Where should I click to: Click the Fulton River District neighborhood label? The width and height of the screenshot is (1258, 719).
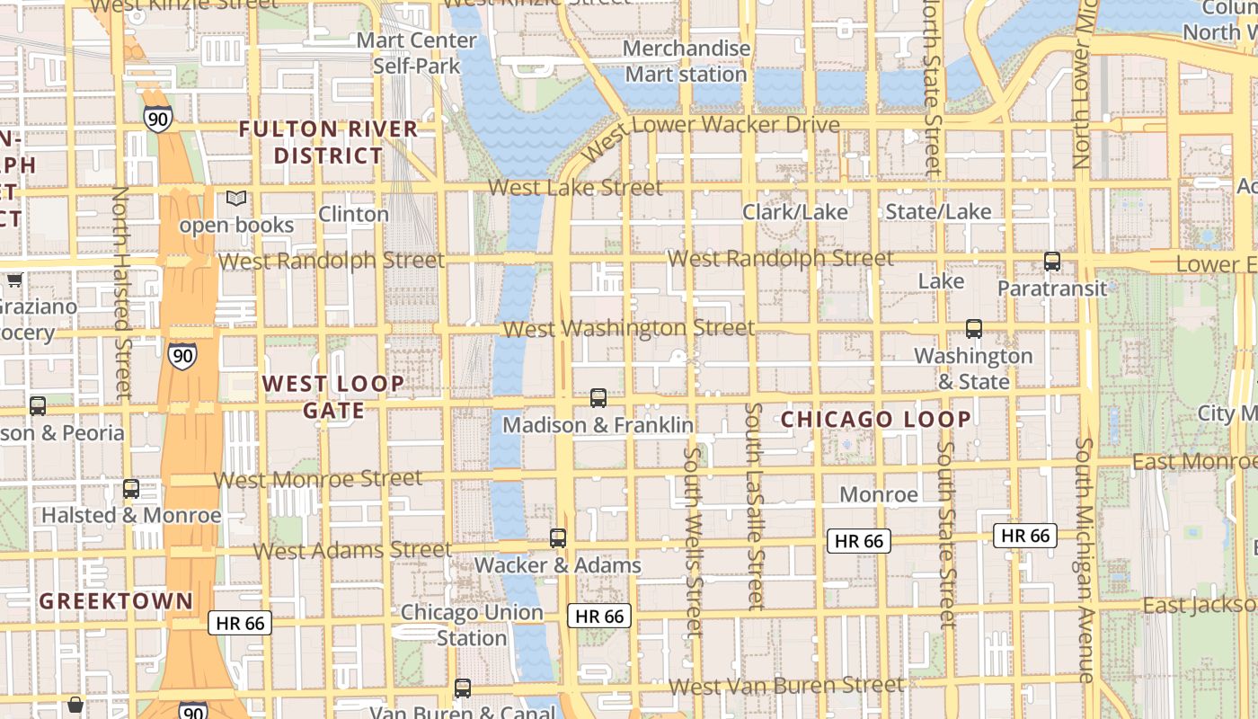pos(329,142)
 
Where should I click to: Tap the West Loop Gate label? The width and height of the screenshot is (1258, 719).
pos(333,397)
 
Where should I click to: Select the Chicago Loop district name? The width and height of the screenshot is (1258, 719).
pos(876,420)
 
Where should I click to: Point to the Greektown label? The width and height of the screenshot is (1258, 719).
pos(116,601)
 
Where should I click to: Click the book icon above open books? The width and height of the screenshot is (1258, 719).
pos(236,199)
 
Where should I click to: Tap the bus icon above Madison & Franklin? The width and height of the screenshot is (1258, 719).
pos(598,397)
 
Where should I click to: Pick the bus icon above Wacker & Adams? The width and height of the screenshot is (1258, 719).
pos(558,538)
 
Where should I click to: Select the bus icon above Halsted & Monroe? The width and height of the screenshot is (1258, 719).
pos(131,489)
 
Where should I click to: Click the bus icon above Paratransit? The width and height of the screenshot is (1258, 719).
pos(1052,262)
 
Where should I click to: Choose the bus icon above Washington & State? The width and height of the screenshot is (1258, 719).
pos(974,329)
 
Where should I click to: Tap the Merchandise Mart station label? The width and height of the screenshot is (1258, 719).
pos(687,61)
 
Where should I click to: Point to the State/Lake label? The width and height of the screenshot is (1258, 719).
pos(939,212)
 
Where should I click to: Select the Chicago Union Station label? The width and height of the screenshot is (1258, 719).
pos(472,625)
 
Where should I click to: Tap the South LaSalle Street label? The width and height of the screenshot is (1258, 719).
pos(756,506)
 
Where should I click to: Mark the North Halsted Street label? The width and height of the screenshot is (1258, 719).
pos(121,292)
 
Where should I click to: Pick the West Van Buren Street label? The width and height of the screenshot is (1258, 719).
pos(787,686)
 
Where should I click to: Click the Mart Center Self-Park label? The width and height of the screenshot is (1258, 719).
pos(417,52)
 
